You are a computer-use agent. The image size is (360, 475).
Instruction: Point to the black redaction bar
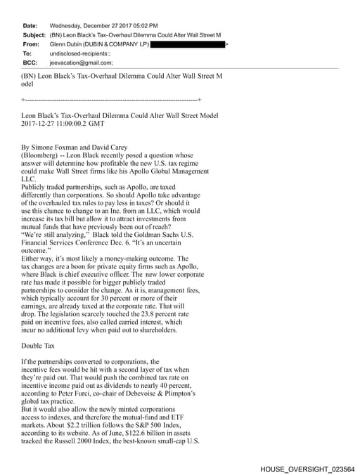click(188, 44)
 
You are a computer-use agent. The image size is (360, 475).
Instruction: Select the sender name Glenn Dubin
click(68, 44)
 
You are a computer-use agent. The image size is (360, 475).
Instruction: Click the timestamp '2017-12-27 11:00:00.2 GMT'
click(63, 124)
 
